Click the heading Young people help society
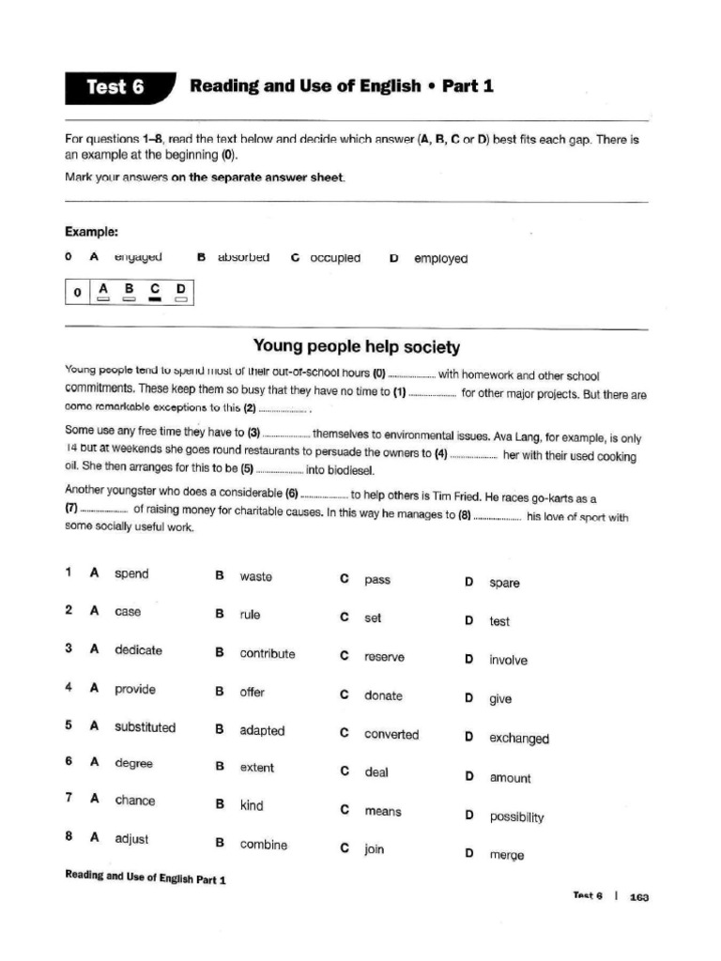(358, 347)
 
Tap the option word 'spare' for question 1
(504, 583)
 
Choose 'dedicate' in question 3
(138, 649)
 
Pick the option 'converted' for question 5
(391, 734)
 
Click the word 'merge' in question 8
(506, 855)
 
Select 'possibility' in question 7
(516, 816)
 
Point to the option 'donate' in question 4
(383, 695)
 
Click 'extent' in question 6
(256, 768)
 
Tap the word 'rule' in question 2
(250, 615)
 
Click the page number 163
(639, 896)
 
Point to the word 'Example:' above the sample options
(91, 232)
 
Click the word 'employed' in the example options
(440, 259)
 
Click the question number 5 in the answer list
(69, 725)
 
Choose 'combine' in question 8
(263, 844)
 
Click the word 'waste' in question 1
(255, 576)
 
